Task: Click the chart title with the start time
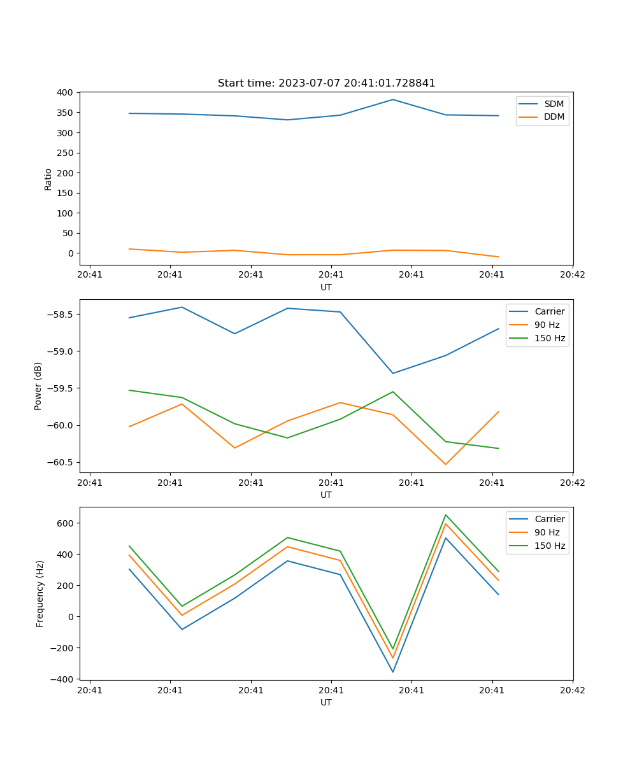[x=326, y=83]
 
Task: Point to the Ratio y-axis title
[x=48, y=179]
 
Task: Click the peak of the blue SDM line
[x=393, y=99]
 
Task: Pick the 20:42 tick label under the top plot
[x=572, y=275]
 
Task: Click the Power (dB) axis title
[x=38, y=386]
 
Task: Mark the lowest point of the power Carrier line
[x=393, y=373]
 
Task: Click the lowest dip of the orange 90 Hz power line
[x=445, y=464]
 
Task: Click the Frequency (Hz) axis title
[x=40, y=593]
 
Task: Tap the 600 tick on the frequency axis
[x=65, y=523]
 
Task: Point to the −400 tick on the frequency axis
[x=62, y=679]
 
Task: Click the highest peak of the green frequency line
[x=445, y=515]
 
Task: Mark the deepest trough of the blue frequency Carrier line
[x=393, y=672]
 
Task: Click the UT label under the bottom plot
[x=326, y=702]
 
